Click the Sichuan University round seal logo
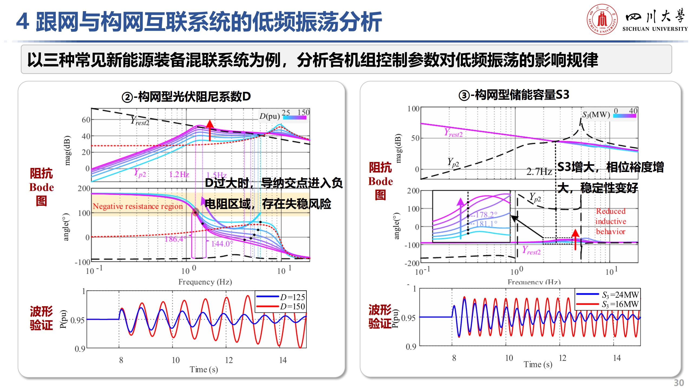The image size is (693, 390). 602,19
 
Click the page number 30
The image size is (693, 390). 679,383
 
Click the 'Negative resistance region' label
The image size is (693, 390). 138,206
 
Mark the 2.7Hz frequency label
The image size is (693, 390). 539,172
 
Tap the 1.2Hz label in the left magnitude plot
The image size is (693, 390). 179,174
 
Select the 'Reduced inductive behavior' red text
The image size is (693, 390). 611,221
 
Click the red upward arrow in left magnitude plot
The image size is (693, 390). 210,130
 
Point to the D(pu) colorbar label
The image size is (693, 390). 269,116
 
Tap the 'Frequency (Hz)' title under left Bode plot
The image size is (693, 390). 205,282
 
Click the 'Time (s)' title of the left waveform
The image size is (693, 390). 204,369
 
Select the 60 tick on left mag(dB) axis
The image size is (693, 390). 86,120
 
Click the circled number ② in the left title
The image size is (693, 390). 127,97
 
